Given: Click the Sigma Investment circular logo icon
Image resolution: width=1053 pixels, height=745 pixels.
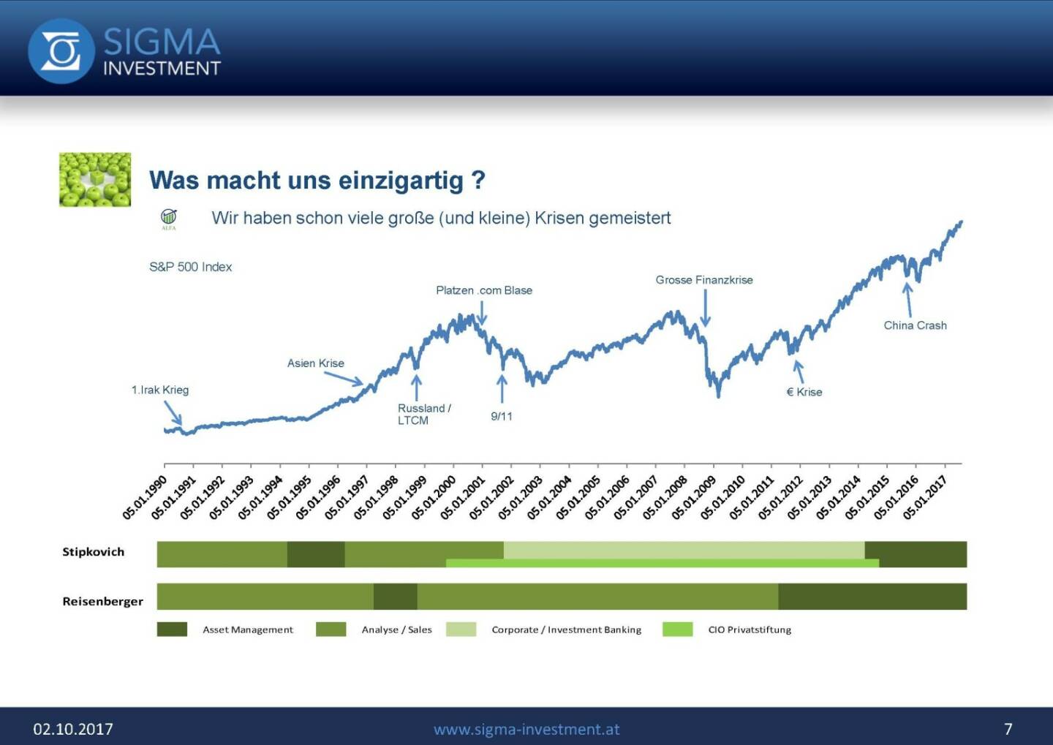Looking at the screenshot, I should [61, 51].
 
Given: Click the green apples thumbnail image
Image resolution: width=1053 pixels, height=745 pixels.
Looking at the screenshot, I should [95, 180].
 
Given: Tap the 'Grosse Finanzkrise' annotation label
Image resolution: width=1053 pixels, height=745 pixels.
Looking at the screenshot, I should [703, 280].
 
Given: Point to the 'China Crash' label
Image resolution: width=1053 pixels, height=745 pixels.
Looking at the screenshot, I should [915, 325].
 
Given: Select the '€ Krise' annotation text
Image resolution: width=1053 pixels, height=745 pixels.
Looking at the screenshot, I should [804, 392].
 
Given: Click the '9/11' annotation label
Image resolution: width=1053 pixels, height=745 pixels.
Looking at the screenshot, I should [502, 416].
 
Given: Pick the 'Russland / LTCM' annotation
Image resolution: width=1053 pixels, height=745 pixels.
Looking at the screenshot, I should [423, 414].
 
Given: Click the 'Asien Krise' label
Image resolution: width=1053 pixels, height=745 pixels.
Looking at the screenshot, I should [315, 363].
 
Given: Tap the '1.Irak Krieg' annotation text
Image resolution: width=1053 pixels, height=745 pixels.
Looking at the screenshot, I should [160, 390].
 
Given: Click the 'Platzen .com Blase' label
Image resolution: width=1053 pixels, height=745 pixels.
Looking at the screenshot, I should [484, 290].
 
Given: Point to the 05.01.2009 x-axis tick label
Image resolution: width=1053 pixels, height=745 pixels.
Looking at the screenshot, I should [694, 497].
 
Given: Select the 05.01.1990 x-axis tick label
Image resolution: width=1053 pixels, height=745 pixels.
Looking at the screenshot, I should [145, 497].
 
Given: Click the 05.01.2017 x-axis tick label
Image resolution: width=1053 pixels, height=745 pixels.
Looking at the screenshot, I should [925, 497].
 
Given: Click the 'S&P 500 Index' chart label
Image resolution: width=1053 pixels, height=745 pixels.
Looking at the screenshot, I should [190, 267].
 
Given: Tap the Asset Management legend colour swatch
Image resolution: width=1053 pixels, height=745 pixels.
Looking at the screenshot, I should [172, 629].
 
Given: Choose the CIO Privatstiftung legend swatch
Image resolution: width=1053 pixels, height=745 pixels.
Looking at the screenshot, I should [677, 629].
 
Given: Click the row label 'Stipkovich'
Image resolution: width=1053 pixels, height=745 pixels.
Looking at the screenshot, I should [93, 552].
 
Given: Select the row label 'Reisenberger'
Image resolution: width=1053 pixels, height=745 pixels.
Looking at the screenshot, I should [102, 602].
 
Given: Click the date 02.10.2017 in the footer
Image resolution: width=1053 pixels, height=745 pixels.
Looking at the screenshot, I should [73, 729].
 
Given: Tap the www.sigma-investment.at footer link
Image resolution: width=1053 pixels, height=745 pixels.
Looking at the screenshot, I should [526, 729].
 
